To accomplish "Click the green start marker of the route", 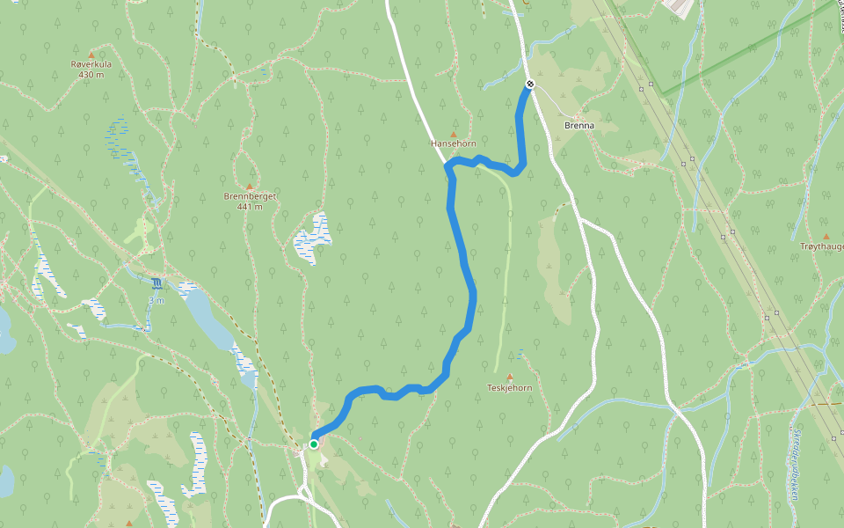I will click(x=313, y=444).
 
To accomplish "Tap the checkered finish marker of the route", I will click(x=530, y=84).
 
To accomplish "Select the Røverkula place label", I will click(x=91, y=64).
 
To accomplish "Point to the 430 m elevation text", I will click(x=91, y=75).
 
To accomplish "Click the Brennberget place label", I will click(x=250, y=196).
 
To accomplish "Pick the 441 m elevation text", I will click(x=250, y=207).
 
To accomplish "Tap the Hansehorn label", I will click(x=454, y=143).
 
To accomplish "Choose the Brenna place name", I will click(x=579, y=126).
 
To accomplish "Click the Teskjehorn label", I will click(x=510, y=387).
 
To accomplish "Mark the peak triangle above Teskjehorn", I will click(x=510, y=377).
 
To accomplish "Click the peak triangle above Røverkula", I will click(x=91, y=55).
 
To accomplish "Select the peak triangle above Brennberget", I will click(x=250, y=187).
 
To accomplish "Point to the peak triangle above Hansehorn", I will click(x=454, y=133).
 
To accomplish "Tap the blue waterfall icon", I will click(x=156, y=283).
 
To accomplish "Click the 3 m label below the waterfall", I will click(x=156, y=300).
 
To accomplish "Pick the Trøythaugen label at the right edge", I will click(x=822, y=246).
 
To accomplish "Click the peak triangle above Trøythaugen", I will click(x=826, y=236).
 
